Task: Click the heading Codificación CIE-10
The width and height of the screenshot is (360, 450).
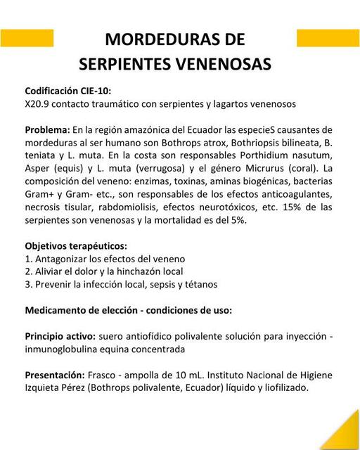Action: (67, 91)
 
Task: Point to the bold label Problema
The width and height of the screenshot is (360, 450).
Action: (47, 130)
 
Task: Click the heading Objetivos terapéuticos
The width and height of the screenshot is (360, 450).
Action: (76, 246)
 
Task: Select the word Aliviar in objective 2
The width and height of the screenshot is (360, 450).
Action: (51, 271)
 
